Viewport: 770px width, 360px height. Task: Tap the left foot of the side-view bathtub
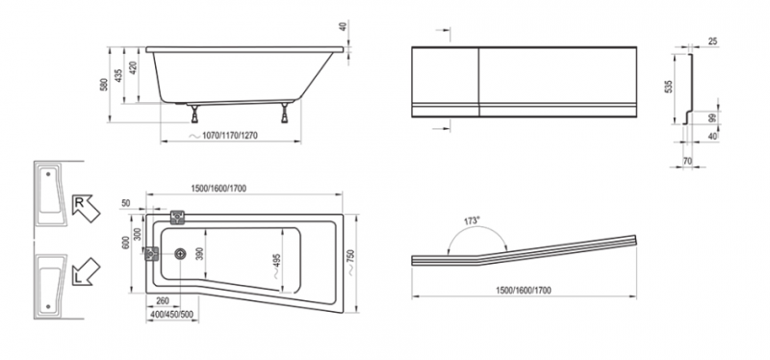click(x=195, y=114)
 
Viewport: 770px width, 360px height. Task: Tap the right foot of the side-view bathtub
click(x=284, y=113)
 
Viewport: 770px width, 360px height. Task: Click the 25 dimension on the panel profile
click(x=712, y=41)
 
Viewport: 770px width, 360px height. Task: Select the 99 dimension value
click(x=712, y=116)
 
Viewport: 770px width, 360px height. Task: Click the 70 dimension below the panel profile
click(x=687, y=160)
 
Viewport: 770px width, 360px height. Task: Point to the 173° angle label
click(x=472, y=221)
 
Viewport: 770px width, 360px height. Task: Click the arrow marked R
click(x=86, y=208)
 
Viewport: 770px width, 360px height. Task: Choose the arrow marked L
click(x=86, y=271)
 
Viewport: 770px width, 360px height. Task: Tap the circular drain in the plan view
click(x=181, y=254)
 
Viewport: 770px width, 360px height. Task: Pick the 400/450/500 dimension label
click(x=172, y=315)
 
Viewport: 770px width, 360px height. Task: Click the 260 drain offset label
click(x=162, y=301)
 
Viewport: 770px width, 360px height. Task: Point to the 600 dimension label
click(x=125, y=244)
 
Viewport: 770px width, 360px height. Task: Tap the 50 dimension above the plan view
click(x=126, y=203)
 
